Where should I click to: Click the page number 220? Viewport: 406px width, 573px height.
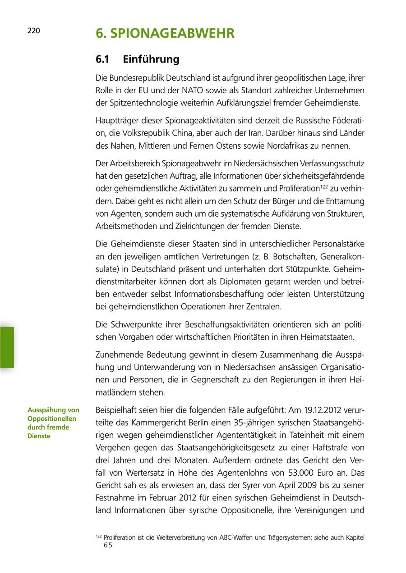(34, 31)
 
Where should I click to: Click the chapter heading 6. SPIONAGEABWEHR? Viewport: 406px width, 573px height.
(165, 33)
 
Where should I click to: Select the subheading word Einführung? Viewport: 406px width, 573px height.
(151, 59)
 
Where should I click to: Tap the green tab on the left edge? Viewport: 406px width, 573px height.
(7, 347)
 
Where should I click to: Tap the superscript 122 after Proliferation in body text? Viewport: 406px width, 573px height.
(323, 186)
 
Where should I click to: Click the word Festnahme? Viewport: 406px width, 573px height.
(115, 498)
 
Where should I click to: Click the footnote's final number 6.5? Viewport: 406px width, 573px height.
(108, 545)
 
